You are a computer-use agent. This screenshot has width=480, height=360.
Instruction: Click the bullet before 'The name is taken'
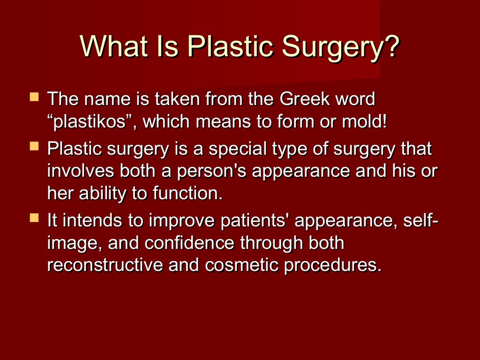(x=34, y=97)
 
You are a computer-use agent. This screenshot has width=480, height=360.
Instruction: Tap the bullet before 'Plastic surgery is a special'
(x=34, y=147)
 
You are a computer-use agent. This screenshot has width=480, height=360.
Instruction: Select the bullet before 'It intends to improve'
(x=34, y=218)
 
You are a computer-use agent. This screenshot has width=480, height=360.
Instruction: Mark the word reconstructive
(x=105, y=265)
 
